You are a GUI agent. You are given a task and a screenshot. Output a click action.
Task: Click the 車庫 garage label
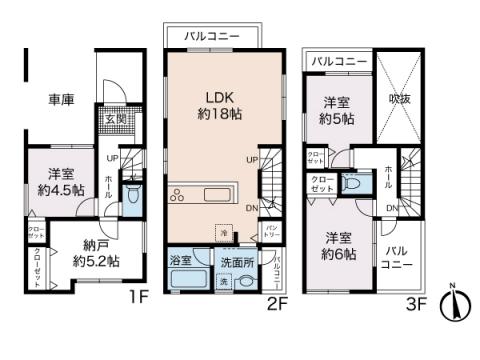(61, 99)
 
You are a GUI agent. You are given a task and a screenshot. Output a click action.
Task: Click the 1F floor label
(137, 297)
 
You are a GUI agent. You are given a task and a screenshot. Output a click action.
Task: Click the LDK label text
(221, 96)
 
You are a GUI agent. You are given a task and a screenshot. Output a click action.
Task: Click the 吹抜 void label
(398, 99)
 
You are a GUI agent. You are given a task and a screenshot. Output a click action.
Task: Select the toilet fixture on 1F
(131, 195)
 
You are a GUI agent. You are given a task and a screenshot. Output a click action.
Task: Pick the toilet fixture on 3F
(352, 183)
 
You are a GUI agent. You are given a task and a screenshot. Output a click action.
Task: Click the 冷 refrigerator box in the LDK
(225, 232)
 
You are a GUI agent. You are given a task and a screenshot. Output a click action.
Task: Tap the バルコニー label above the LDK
(210, 36)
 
